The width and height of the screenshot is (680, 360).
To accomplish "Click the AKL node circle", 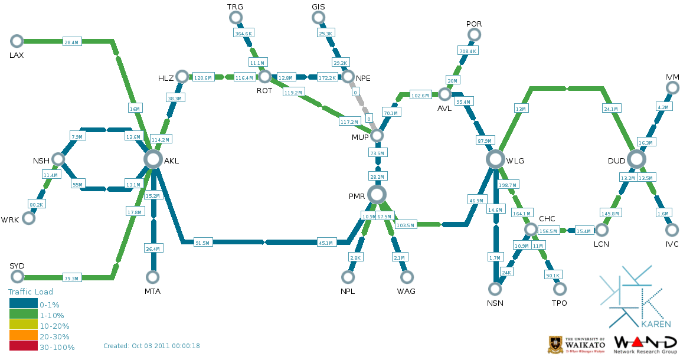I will click(153, 159).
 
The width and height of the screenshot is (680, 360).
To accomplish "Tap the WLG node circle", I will click(495, 159).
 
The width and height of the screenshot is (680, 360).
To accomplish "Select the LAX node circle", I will click(17, 41).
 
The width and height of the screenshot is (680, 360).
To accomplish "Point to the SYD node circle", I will click(17, 277).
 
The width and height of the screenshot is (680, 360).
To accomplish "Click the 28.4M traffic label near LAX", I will click(71, 42).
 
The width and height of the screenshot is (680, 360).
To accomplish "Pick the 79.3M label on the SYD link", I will click(71, 278).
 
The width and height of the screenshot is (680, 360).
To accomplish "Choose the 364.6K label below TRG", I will click(243, 34).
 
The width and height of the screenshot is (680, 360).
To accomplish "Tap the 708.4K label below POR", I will click(467, 51).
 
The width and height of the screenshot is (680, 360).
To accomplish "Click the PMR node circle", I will click(377, 194).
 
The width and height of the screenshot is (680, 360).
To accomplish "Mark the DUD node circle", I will click(636, 159).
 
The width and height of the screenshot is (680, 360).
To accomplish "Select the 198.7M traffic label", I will click(508, 185).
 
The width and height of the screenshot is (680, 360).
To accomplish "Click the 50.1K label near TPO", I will click(553, 275).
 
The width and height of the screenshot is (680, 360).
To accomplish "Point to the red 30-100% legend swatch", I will click(23, 347).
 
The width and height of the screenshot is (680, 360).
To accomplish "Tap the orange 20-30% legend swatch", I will click(23, 336).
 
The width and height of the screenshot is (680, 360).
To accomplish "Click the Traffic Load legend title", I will click(31, 292).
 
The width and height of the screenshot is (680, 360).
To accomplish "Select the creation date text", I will click(151, 346).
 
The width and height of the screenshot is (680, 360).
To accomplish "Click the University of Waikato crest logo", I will click(555, 343).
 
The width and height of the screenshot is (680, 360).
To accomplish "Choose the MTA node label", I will click(152, 291).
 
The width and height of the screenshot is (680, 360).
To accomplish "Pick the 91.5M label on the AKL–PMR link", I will click(203, 243).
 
